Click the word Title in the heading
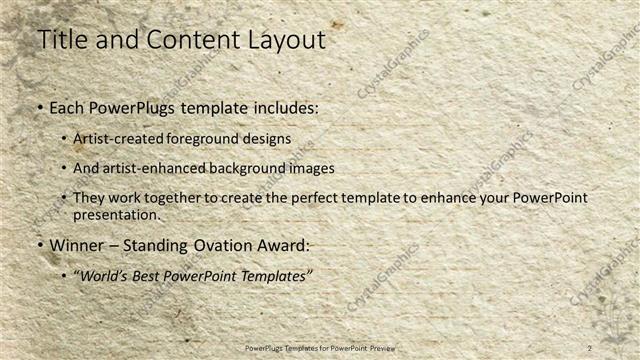(62, 40)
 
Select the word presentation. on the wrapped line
(116, 215)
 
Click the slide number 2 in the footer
(590, 348)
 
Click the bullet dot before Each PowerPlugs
(39, 108)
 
